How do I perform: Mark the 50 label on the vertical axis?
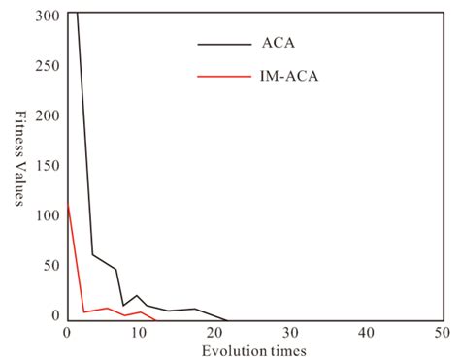pyautogui.click(x=49, y=265)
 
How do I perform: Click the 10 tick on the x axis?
pyautogui.click(x=142, y=333)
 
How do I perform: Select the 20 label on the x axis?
pyautogui.click(x=216, y=333)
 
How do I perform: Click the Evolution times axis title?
pyautogui.click(x=255, y=350)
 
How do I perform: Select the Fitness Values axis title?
pyautogui.click(x=18, y=165)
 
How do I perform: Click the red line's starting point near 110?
pyautogui.click(x=67, y=205)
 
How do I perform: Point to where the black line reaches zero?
pyautogui.click(x=227, y=320)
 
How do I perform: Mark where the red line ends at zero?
pyautogui.click(x=155, y=320)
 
